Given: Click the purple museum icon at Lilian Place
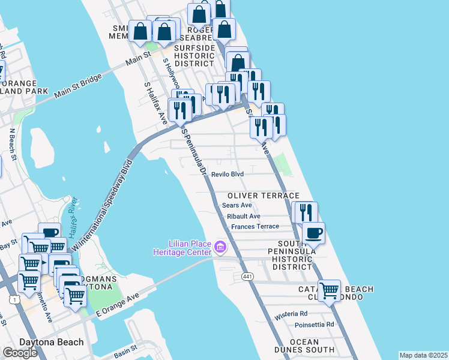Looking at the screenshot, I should (220, 247).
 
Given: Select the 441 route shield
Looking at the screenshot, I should (247, 276).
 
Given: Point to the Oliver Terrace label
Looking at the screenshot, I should (263, 196).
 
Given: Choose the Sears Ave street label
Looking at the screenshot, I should (237, 205).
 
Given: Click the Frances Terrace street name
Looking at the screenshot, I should (255, 226).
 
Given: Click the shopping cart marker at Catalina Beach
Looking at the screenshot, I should (328, 290).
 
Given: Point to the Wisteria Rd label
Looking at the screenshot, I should (291, 313).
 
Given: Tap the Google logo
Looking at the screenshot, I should (20, 353).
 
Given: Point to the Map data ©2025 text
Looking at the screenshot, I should (423, 355).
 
